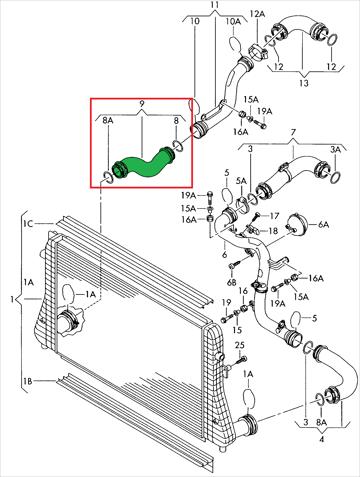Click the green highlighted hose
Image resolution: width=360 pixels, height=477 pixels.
point(143,165)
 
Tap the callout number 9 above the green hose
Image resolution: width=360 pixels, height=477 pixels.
point(142,104)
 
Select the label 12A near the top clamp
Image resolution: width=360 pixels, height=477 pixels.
point(257,14)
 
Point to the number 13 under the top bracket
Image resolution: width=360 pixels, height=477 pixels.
point(304,83)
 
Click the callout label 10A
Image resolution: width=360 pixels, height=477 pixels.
point(233,21)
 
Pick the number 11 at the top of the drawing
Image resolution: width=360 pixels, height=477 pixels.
point(215,5)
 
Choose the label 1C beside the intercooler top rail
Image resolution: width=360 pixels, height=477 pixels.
point(28,223)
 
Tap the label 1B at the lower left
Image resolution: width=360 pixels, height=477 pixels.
point(28,381)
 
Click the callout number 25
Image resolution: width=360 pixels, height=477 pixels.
point(240,345)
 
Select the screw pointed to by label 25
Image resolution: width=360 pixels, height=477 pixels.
point(239,362)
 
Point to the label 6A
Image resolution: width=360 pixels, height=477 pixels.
point(323,225)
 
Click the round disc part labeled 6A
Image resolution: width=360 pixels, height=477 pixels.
point(296,224)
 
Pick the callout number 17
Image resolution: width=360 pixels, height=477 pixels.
point(274,216)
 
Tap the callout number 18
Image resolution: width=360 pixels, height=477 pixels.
point(273,231)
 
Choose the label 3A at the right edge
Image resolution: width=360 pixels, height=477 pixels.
point(335,150)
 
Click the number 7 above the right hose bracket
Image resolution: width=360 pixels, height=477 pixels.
point(293,132)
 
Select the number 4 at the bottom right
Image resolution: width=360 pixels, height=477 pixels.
point(321,439)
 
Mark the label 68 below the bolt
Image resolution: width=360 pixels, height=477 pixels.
point(232,283)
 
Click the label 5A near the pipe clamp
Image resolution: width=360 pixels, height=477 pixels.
point(241,181)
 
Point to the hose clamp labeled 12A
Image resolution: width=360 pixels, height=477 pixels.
point(259,51)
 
